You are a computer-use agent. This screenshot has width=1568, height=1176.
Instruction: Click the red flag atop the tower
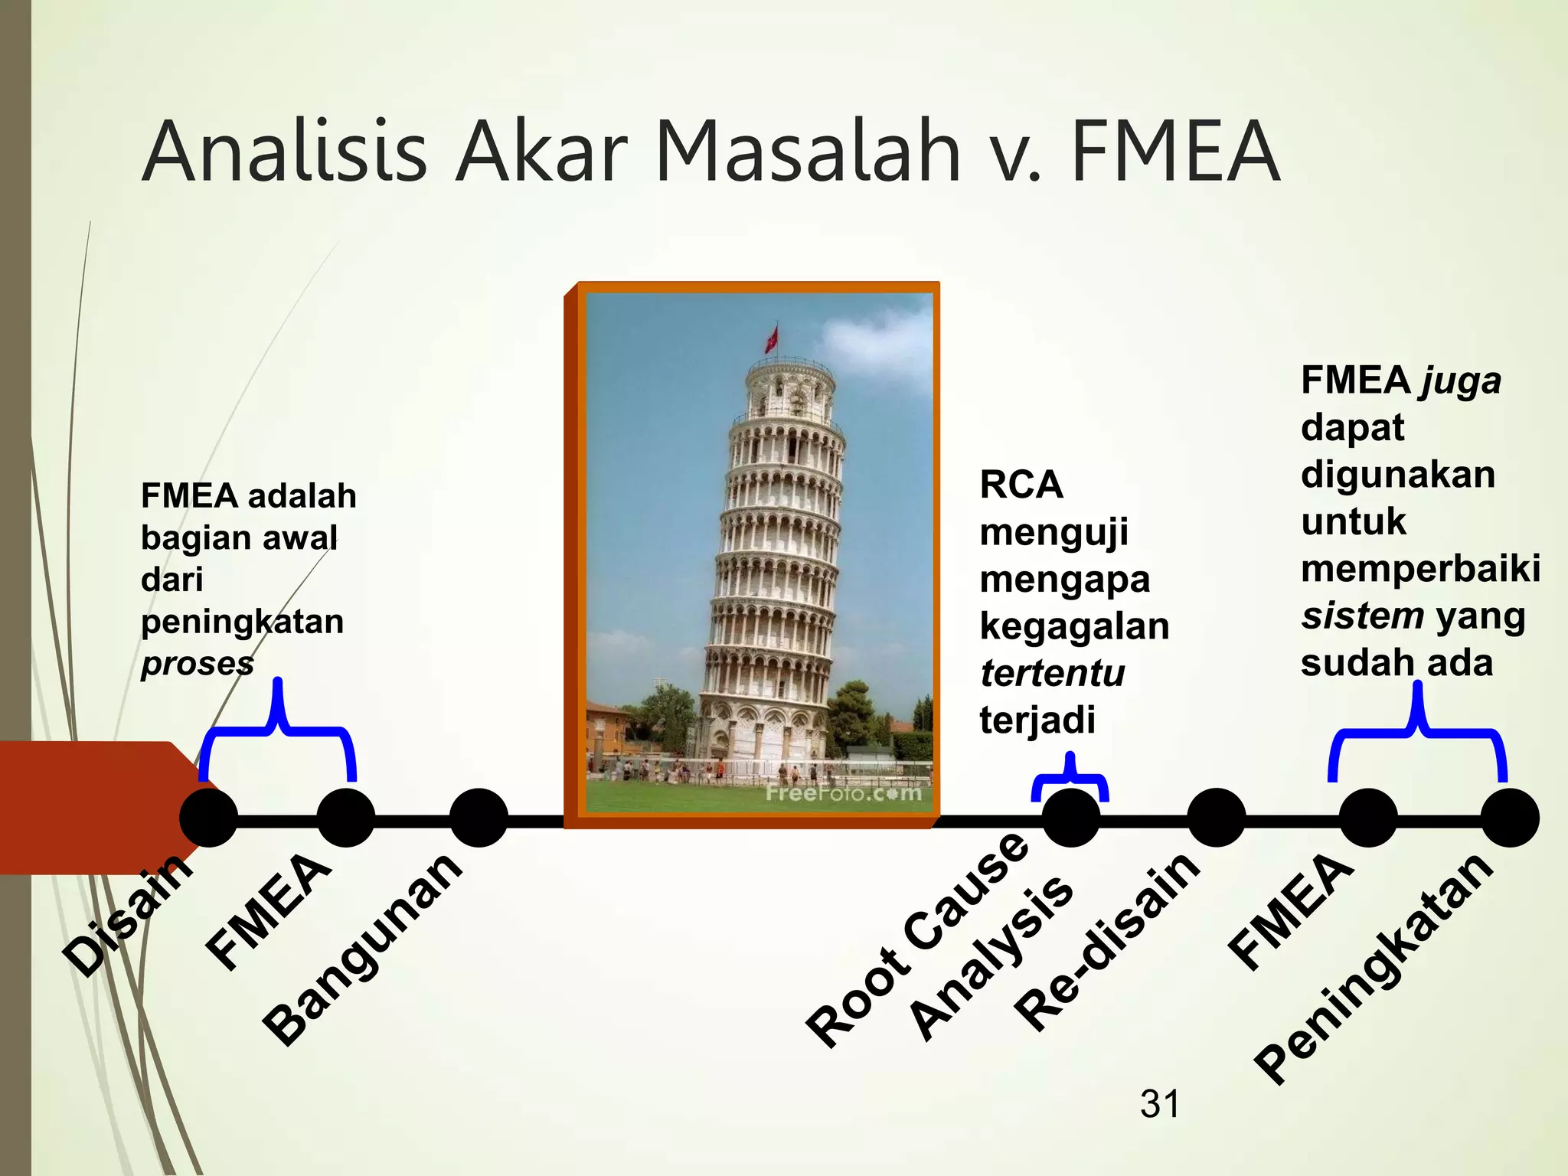pos(772,338)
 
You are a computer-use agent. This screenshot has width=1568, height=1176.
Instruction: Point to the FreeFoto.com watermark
pos(844,792)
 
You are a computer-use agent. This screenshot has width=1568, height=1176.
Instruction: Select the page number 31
pos(1160,1104)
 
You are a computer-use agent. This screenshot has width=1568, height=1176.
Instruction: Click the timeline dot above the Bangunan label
pos(479,818)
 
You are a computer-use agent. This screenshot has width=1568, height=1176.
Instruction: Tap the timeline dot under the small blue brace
pos(1071,818)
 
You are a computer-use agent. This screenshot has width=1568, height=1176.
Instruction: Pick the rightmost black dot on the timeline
pos(1510,818)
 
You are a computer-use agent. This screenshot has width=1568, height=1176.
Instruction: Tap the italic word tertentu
pos(1053,674)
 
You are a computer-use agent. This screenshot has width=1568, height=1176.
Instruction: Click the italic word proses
pos(198,664)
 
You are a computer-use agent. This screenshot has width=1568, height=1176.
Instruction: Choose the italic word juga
pos(1459,381)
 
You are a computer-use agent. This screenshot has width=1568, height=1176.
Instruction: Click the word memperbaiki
pos(1420,569)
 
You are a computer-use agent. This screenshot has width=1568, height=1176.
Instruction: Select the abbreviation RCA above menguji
pos(1021,485)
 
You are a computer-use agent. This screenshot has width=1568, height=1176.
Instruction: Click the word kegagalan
pos(1074,627)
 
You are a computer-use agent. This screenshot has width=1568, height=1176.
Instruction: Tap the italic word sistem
pos(1363,616)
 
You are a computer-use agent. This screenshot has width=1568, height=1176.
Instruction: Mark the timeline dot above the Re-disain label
pos(1216,818)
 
